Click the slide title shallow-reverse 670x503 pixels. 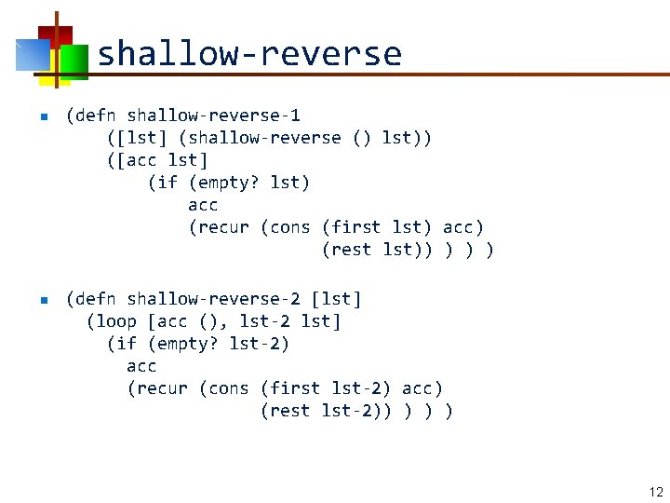click(248, 53)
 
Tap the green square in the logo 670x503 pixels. click(74, 61)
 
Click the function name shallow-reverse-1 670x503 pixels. click(213, 116)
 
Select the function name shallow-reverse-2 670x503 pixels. click(213, 299)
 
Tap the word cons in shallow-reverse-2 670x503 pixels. click(228, 388)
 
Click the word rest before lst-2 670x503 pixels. click(289, 411)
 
